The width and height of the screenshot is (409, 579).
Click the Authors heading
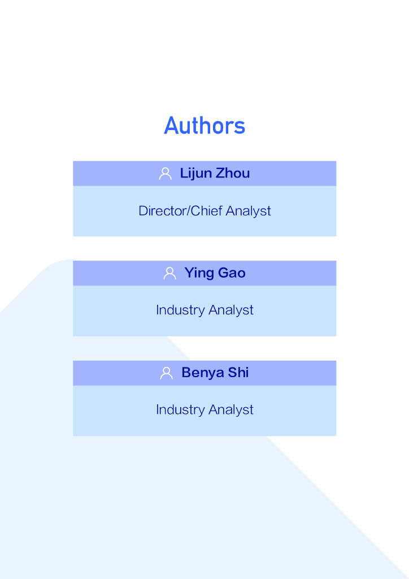click(x=204, y=126)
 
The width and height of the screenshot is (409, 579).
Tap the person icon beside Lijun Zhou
click(x=166, y=174)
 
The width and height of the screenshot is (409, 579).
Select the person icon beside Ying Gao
click(x=169, y=273)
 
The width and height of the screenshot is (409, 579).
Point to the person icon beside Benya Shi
click(x=167, y=373)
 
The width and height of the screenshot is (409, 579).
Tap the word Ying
click(x=197, y=273)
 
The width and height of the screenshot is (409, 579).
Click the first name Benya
click(x=202, y=373)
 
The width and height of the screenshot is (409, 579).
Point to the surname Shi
click(x=238, y=373)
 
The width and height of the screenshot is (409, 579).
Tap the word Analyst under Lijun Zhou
click(x=249, y=211)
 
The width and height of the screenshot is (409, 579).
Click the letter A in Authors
click(x=171, y=126)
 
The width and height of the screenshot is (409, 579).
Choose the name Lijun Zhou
click(x=215, y=174)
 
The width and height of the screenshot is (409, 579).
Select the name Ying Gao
click(x=215, y=273)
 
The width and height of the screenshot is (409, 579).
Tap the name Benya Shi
click(x=215, y=373)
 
